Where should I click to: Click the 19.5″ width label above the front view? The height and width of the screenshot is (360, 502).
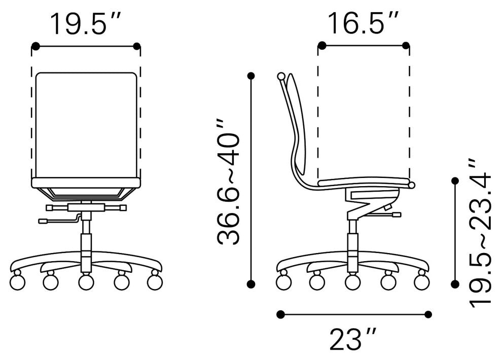coord(86,24)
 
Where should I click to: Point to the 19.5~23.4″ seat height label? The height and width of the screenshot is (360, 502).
coord(480,233)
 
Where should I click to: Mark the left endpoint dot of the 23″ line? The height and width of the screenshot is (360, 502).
coord(281,314)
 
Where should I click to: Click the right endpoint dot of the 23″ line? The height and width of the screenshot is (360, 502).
coord(428,314)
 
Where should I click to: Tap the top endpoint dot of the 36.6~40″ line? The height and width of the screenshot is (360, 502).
coord(252,76)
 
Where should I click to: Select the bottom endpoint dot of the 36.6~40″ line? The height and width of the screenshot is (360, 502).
coord(252,283)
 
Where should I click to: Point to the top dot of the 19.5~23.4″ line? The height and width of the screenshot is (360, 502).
coord(455,181)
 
